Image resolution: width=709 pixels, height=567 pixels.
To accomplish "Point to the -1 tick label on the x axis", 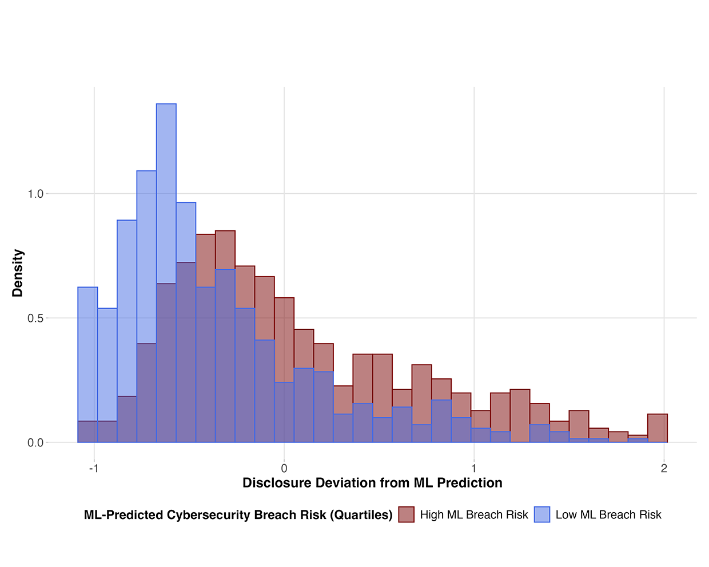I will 94,469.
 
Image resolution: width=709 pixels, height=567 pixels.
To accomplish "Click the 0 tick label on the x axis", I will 284,469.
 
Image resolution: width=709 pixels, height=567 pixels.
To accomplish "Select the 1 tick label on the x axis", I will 474,469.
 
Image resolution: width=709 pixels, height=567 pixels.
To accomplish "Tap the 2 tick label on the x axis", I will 664,469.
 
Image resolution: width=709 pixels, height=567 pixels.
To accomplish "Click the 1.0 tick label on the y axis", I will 35,194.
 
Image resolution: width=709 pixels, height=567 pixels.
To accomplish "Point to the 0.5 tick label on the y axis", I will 35,318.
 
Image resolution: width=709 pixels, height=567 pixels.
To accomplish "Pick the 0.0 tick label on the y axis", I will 35,442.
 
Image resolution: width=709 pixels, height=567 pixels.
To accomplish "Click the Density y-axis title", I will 18,273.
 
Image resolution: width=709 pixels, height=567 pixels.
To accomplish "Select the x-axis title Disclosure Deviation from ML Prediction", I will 372,483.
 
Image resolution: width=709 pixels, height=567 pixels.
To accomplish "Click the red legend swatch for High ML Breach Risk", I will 407,514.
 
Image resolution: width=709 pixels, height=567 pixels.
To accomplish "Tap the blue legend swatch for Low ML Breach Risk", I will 542,514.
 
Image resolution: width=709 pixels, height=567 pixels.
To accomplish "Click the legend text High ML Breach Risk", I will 474,515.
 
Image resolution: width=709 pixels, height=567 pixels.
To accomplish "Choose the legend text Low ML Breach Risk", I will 608,515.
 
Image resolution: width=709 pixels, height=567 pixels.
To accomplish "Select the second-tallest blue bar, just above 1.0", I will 146,257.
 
